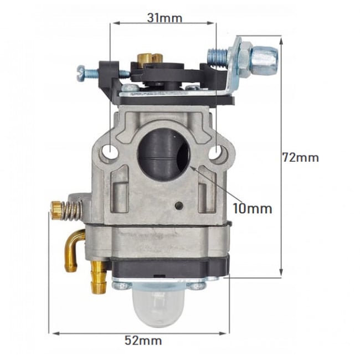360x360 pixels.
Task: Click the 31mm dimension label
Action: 164,18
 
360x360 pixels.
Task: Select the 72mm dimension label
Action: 300,157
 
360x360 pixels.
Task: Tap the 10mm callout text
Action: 252,208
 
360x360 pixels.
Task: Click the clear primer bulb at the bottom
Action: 157,307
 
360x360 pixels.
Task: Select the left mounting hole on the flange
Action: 110,152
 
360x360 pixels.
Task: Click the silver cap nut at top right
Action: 264,56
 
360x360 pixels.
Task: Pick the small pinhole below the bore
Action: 178,205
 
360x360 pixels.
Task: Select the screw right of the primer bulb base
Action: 196,286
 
